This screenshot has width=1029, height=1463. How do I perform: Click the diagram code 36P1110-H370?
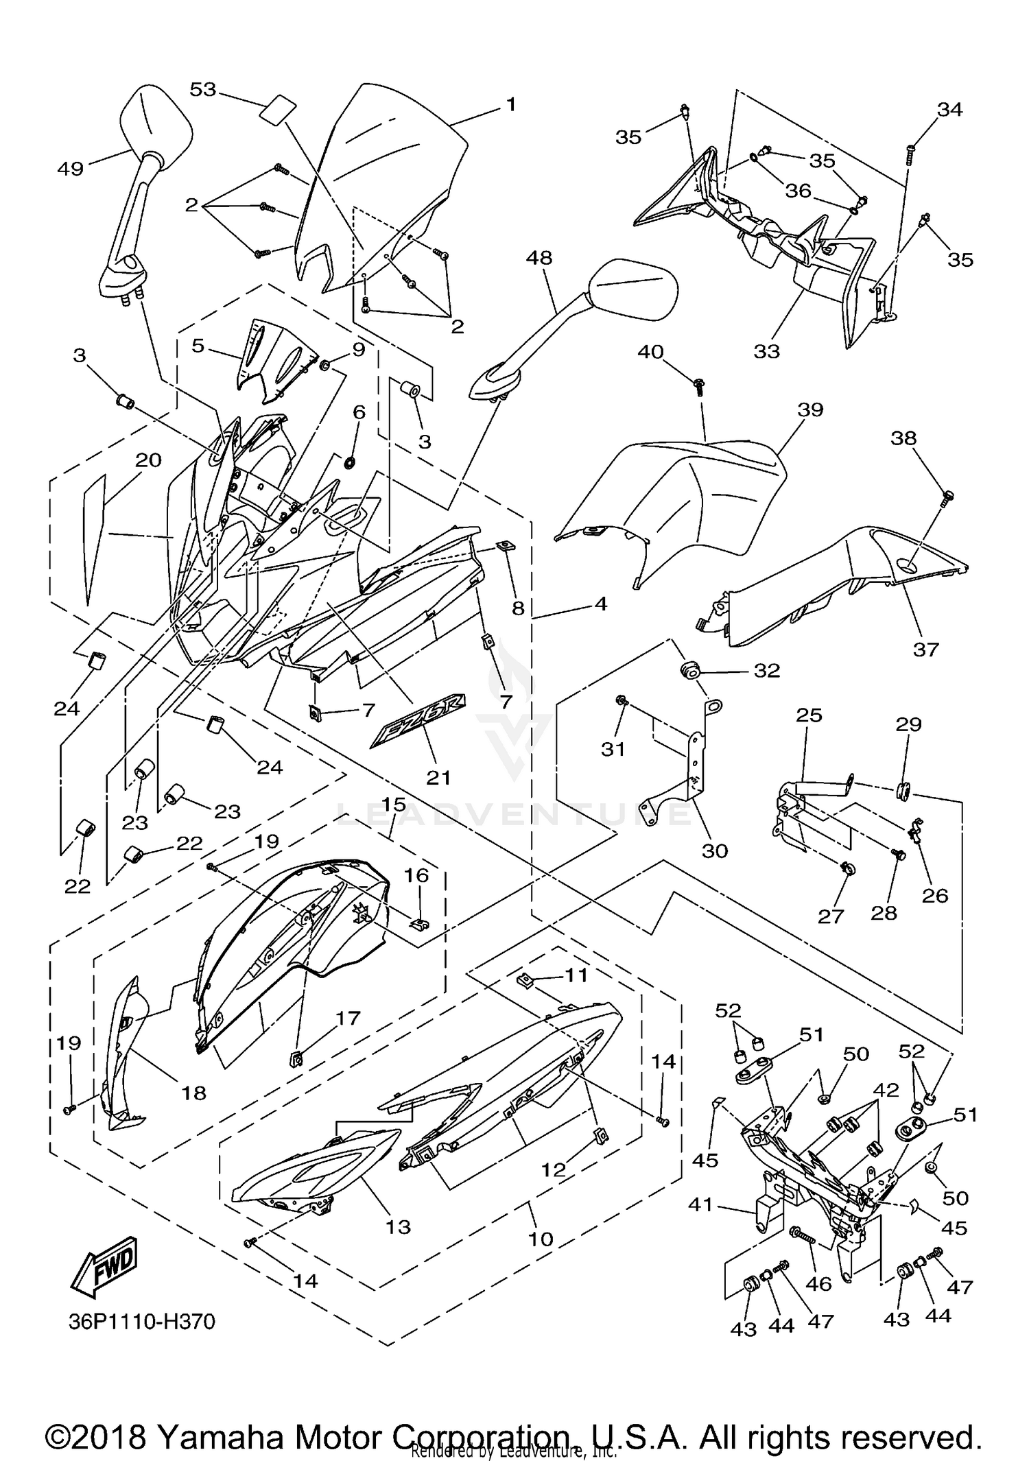142,1321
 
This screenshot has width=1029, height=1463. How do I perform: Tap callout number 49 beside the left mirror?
71,169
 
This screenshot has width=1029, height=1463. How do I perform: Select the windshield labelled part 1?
384,178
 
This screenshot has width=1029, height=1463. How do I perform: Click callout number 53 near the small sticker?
203,90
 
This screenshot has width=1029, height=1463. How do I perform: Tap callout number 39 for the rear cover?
810,409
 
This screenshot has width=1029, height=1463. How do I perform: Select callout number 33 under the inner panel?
766,351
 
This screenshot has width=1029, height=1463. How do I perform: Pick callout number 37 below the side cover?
925,648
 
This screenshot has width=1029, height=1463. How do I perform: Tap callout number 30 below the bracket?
715,851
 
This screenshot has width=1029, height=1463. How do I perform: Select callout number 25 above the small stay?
809,715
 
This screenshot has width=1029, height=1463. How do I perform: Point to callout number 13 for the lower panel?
398,1226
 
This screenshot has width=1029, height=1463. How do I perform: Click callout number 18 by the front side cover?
193,1093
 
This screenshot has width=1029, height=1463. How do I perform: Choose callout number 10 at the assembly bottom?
541,1239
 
